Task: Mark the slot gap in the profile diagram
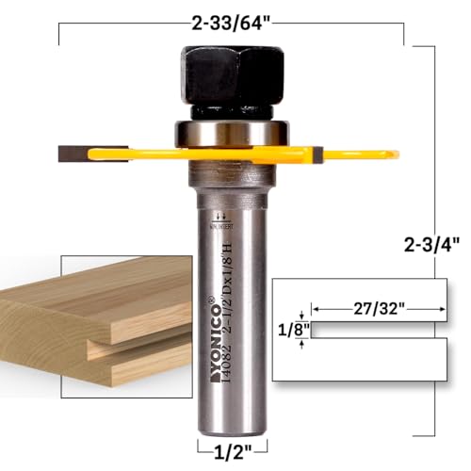point(377,329)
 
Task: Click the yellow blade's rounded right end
point(391,151)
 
